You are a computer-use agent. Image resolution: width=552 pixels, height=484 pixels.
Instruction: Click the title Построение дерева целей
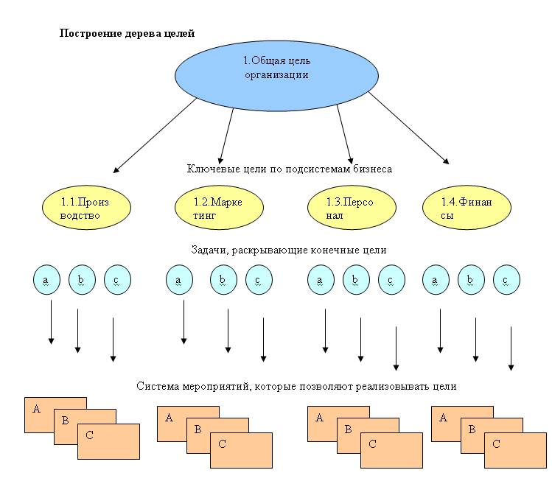pyautogui.click(x=127, y=34)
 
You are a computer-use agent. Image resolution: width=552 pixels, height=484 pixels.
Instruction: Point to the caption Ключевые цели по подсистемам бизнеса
pyautogui.click(x=289, y=169)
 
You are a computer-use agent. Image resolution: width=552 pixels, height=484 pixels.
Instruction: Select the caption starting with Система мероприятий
pyautogui.click(x=296, y=385)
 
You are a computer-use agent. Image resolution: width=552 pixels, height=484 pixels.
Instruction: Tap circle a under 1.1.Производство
pyautogui.click(x=46, y=280)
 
